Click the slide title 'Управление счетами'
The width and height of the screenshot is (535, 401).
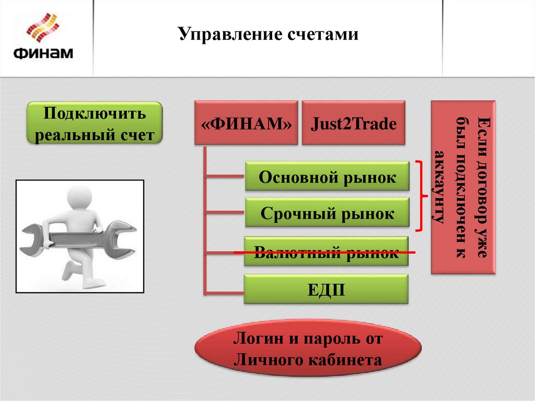268,35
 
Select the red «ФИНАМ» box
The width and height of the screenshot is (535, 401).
246,123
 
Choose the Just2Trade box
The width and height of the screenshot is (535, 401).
354,123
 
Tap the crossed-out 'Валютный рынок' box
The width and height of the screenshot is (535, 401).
327,252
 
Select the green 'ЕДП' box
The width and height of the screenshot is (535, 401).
326,289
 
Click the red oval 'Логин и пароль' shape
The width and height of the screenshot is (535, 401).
308,349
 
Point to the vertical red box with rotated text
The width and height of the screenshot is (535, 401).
463,187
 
